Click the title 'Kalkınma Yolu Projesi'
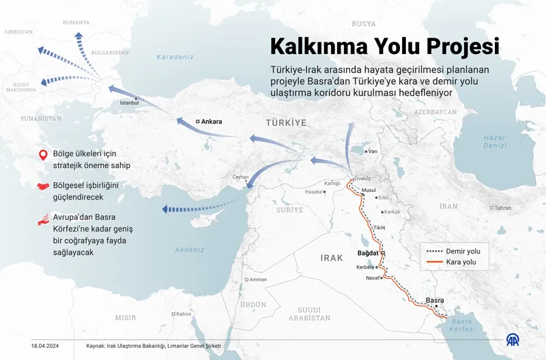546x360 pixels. click(384, 46)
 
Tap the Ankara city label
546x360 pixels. click(212, 122)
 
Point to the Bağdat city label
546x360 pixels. click(369, 253)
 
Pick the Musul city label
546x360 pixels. click(369, 189)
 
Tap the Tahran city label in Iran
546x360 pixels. click(502, 208)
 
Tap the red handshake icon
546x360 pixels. click(42, 186)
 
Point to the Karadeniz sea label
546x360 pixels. click(176, 57)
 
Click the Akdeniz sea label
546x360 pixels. click(189, 250)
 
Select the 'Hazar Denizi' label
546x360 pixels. click(495, 141)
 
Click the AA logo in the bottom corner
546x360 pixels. click(512, 340)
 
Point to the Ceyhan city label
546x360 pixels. click(240, 177)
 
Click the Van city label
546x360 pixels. click(372, 151)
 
